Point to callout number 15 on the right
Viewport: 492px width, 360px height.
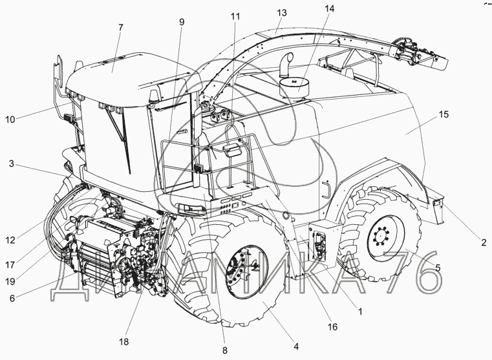(x=443, y=114)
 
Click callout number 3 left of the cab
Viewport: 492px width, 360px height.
(x=11, y=165)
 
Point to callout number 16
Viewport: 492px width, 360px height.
(x=333, y=327)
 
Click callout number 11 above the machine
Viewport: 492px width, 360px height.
(x=234, y=14)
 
